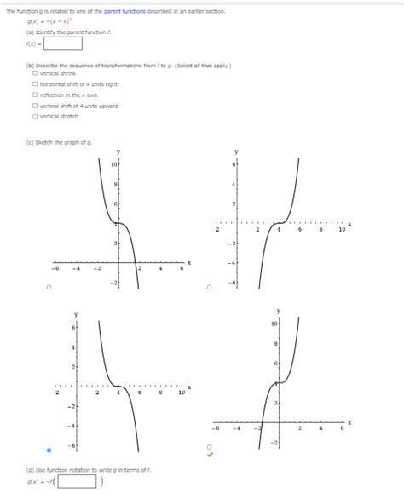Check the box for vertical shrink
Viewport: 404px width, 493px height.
tap(33, 74)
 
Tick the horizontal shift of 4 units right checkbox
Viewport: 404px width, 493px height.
tap(33, 84)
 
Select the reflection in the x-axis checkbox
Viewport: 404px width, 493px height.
tap(33, 95)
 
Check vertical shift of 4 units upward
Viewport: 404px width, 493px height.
tap(33, 106)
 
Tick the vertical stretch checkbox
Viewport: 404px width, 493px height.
tap(33, 116)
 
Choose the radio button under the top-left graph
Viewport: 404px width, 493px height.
tap(49, 287)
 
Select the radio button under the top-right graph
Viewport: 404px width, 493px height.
tap(209, 287)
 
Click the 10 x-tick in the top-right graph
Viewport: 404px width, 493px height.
tap(341, 230)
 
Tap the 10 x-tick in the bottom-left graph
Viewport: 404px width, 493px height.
tap(181, 394)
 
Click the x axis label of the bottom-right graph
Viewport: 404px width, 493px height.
tap(349, 422)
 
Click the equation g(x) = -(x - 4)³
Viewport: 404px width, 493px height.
tap(48, 20)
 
